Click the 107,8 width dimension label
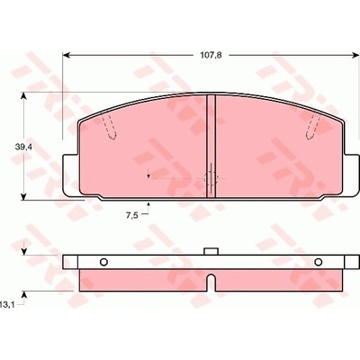[211, 56]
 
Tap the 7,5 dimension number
[131, 215]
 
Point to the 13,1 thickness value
[7, 305]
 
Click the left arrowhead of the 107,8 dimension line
[66, 55]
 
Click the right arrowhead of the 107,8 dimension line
[355, 55]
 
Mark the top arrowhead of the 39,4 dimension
[24, 95]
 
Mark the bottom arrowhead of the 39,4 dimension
[24, 196]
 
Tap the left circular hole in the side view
[103, 262]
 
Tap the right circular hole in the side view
[319, 262]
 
